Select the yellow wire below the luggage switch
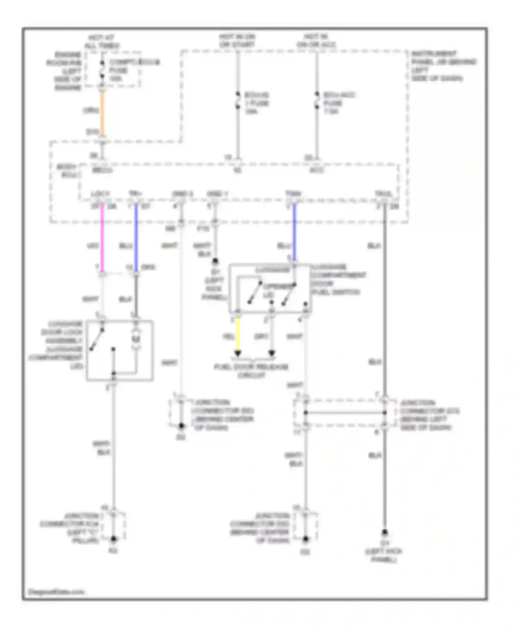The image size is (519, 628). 238,334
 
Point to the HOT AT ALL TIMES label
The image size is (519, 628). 102,42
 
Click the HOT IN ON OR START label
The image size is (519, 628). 237,41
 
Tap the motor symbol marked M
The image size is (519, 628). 136,339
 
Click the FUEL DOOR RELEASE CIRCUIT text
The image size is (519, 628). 251,370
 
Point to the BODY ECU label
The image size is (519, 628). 67,171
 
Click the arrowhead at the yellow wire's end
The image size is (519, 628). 238,353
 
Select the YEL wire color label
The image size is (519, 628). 228,337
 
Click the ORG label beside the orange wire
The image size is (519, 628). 91,110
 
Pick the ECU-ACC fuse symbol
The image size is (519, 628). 317,100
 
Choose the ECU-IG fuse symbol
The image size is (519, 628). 238,100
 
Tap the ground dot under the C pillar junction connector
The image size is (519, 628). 113,539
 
